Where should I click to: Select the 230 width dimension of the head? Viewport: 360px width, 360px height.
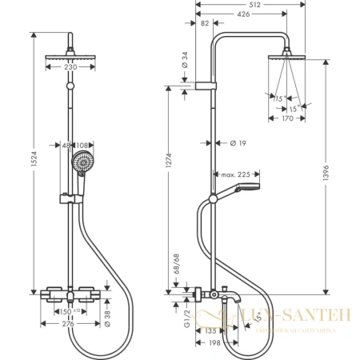[71, 67]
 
